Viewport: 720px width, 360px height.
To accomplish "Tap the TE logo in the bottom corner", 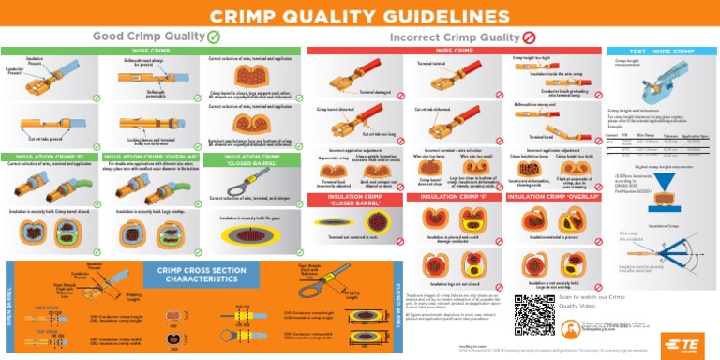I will [687, 344].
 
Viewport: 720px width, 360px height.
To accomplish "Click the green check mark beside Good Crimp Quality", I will [214, 37].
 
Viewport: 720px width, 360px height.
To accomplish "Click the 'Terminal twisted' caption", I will [431, 64].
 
